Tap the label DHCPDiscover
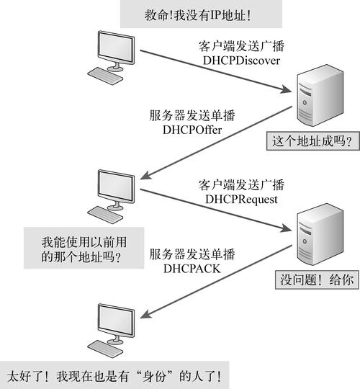pos(241,61)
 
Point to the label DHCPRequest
pos(241,197)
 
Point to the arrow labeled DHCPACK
pos(216,288)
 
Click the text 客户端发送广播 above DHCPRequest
pos(241,184)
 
